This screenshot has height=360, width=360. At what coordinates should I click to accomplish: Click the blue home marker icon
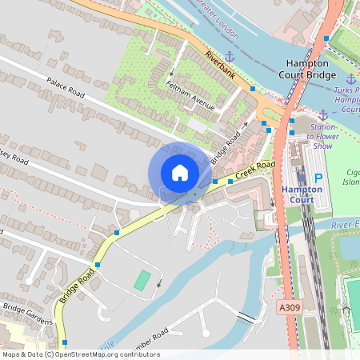point(180,173)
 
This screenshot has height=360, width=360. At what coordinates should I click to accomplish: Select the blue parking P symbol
point(318,179)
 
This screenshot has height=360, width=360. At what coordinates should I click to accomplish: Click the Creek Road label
point(257,169)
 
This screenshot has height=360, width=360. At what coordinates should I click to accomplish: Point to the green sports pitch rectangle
point(142,281)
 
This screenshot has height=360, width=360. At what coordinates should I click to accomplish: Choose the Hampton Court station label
point(302,194)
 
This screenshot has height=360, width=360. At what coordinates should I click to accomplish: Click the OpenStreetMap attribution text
point(81,354)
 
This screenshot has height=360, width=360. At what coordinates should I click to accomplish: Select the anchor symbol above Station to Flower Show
point(323,115)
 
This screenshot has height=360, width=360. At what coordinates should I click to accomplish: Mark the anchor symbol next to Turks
point(351,78)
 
